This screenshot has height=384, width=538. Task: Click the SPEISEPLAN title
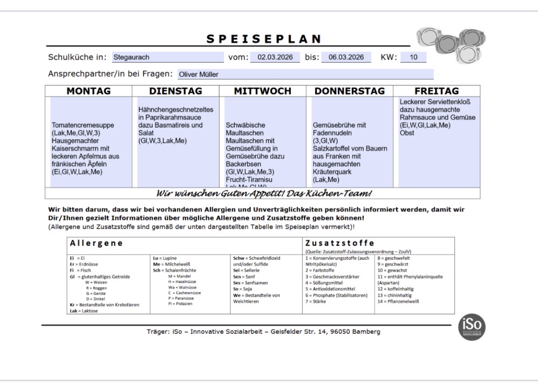264,39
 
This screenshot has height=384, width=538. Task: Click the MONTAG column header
88,91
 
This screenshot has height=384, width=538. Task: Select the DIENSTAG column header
175,91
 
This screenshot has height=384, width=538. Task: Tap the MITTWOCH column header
262,91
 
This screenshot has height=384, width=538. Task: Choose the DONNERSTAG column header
349,91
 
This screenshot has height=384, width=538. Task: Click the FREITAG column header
436,91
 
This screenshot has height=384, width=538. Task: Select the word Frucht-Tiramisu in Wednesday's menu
250,179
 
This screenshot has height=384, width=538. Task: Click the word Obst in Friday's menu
407,133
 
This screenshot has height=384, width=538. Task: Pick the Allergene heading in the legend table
94,244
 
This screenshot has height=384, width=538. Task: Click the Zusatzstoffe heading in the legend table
340,243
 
